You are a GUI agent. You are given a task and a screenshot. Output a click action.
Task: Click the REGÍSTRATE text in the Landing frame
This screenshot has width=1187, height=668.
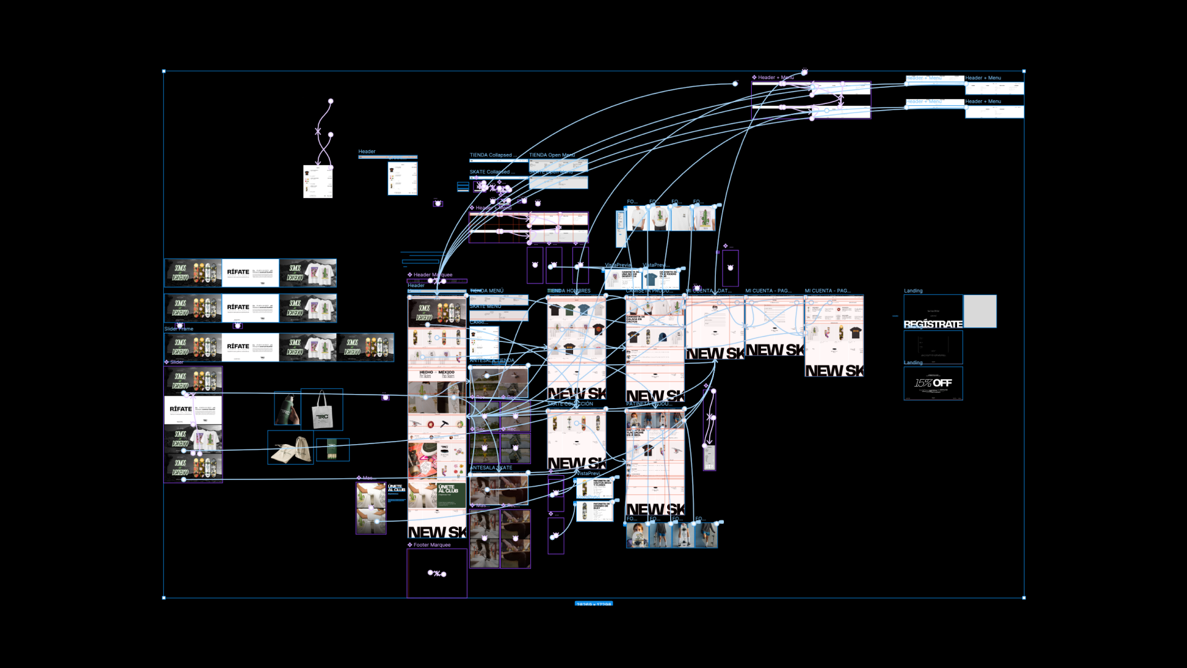[x=933, y=324]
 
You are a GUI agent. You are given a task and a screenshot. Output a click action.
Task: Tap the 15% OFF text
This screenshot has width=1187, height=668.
[x=933, y=383]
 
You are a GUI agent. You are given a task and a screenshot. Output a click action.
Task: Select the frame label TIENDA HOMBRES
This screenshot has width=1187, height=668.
[x=569, y=291]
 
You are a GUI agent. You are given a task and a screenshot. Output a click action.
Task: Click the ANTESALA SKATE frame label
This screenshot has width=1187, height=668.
[x=491, y=468]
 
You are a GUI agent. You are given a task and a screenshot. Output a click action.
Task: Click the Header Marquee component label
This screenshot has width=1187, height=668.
[x=432, y=275]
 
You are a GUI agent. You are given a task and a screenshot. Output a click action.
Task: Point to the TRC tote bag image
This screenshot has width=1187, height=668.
[x=322, y=409]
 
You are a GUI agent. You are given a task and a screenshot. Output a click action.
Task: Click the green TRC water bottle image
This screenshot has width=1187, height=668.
[x=287, y=408]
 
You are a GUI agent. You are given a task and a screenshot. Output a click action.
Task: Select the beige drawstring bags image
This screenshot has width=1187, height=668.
[x=291, y=448]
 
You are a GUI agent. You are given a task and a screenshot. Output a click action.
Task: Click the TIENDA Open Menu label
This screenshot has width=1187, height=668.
[x=551, y=155]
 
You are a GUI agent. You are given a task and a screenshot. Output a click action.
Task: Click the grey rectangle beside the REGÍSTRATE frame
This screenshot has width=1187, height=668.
[x=980, y=311]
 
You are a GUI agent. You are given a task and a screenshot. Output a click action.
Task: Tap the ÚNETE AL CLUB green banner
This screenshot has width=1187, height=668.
[x=451, y=495]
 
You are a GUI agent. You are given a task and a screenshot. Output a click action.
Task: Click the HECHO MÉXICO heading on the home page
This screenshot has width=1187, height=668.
[x=436, y=374]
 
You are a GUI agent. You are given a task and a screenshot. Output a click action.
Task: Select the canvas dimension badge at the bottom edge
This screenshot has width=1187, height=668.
[x=593, y=604]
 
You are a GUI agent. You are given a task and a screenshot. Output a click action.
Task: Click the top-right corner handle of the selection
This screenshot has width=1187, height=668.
[x=1024, y=72]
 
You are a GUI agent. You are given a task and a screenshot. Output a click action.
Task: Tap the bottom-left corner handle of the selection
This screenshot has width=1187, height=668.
[x=164, y=597]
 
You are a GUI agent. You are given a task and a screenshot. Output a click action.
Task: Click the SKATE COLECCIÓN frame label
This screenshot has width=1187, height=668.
[x=570, y=404]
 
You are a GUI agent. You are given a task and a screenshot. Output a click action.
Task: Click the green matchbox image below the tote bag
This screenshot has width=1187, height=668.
[x=333, y=450]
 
